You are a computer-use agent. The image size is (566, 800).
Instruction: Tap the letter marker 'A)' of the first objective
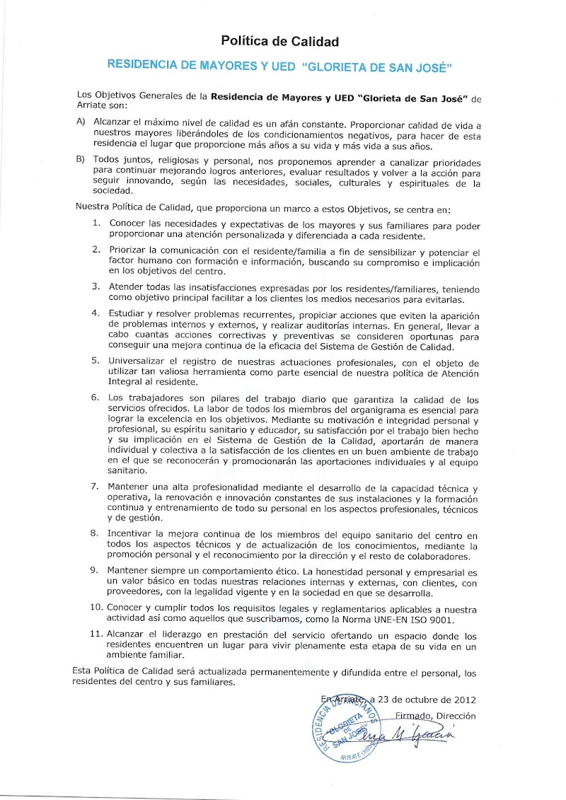(81, 121)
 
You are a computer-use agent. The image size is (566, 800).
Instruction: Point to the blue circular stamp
(346, 729)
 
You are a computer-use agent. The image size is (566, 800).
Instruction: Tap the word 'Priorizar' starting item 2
(128, 251)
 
